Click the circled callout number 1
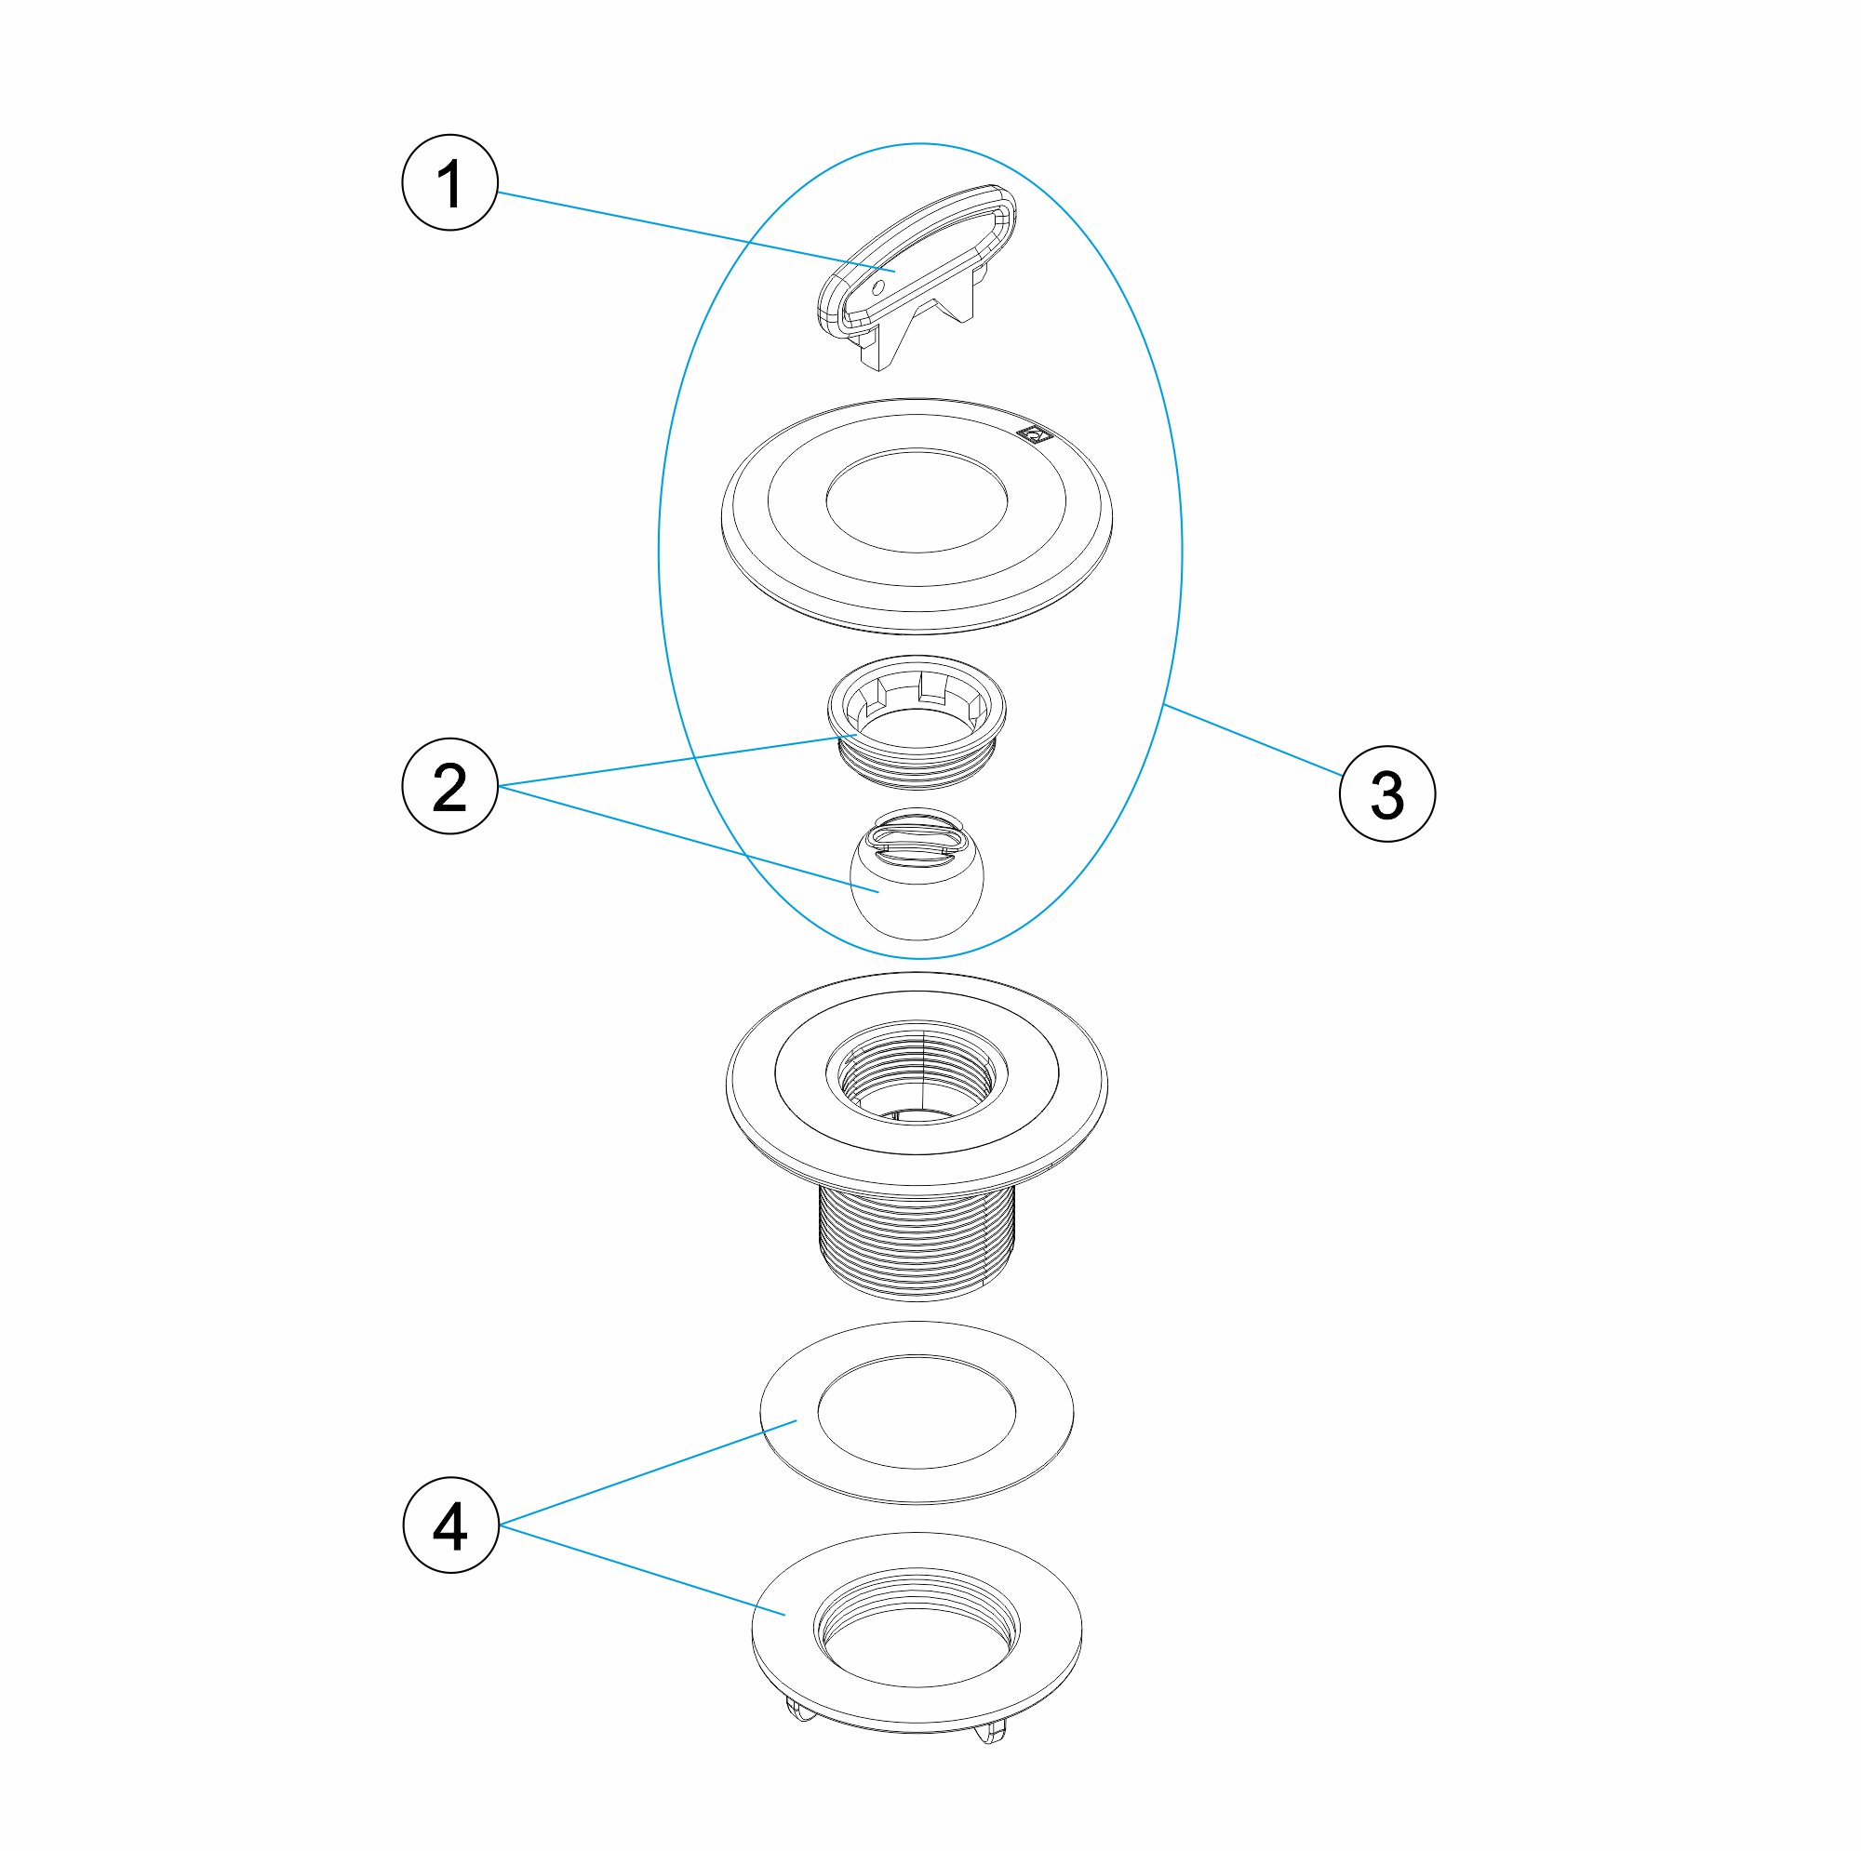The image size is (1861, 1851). (x=449, y=183)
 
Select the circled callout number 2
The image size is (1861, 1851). (x=449, y=786)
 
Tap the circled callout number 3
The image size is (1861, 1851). (x=1387, y=794)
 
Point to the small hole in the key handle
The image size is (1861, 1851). (x=877, y=287)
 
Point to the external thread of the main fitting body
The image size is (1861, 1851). (x=916, y=1242)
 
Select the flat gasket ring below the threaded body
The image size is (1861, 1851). (x=917, y=1412)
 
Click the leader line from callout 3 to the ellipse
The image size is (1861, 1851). (x=1252, y=739)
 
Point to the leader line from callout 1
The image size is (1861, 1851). (x=696, y=233)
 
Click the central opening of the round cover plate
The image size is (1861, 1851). (x=917, y=499)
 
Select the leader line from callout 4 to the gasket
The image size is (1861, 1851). (x=648, y=1472)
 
